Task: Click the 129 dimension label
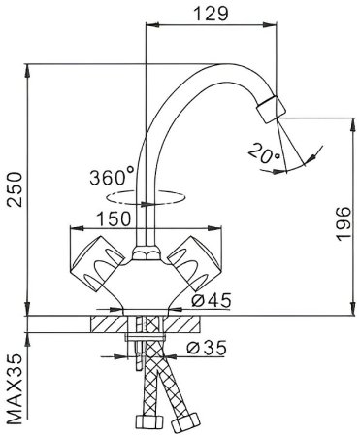click(x=211, y=14)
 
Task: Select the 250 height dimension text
click(x=15, y=189)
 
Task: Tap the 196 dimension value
click(x=344, y=223)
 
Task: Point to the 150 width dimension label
click(x=114, y=218)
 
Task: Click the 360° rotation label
click(x=112, y=177)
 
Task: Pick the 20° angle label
click(x=264, y=153)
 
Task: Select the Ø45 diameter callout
click(x=212, y=300)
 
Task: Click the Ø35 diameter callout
click(x=207, y=348)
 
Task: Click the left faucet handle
click(x=97, y=263)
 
